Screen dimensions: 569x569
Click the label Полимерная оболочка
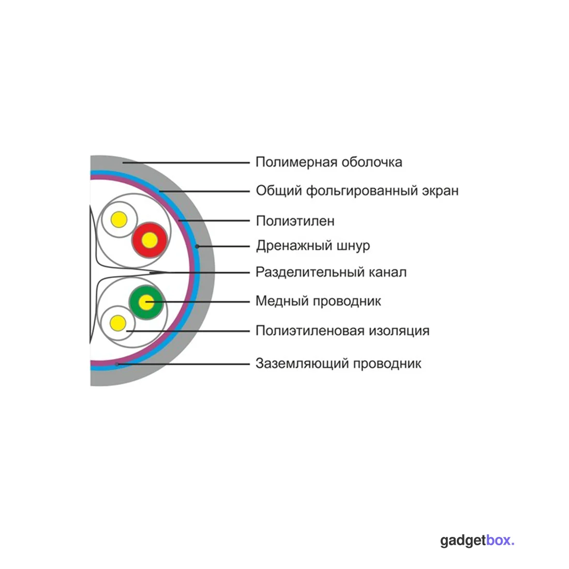(329, 162)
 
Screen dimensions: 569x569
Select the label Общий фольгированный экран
(357, 191)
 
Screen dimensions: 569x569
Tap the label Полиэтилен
(295, 221)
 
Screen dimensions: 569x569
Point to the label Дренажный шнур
(313, 246)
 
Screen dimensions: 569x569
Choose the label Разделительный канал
(331, 272)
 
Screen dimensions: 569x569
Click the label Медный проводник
(318, 301)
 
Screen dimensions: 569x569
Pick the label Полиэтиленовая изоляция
(342, 331)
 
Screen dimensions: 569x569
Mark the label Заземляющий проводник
(338, 364)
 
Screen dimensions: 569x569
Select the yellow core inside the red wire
(149, 240)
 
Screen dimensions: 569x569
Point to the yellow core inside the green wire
(146, 302)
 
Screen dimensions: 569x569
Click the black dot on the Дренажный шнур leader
(197, 246)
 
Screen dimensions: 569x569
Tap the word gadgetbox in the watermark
(477, 541)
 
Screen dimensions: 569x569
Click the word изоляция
(399, 331)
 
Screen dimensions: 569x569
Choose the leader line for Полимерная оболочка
(186, 162)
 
